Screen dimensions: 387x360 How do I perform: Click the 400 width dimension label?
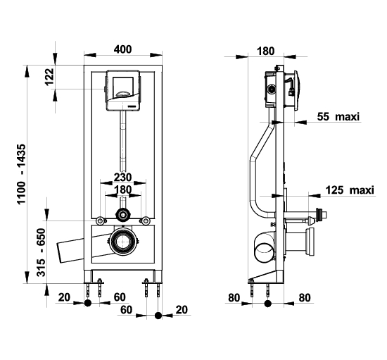[x=122, y=49]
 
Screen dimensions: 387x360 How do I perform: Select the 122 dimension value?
[x=50, y=76]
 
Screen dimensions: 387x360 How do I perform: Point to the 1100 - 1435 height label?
[x=21, y=174]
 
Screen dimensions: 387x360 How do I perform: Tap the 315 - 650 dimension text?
[x=41, y=252]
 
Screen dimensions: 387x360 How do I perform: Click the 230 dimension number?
[x=122, y=177]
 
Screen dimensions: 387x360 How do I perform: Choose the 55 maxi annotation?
[x=338, y=116]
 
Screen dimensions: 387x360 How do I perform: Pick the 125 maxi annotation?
[x=350, y=190]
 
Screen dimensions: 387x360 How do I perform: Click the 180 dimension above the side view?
[x=265, y=51]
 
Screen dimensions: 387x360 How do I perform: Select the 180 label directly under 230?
[x=122, y=190]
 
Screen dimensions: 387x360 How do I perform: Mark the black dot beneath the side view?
[x=268, y=304]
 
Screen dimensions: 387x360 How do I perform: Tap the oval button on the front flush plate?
[x=122, y=94]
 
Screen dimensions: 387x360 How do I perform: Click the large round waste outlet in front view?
[x=122, y=242]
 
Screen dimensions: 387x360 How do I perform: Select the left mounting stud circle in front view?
[x=100, y=221]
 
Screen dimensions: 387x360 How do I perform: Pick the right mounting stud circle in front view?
[x=146, y=221]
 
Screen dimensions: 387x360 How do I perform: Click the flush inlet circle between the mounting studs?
[x=122, y=215]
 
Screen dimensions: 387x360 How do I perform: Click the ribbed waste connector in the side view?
[x=310, y=242]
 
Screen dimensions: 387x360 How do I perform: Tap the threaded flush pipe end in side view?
[x=321, y=214]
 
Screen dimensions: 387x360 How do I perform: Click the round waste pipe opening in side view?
[x=265, y=253]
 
